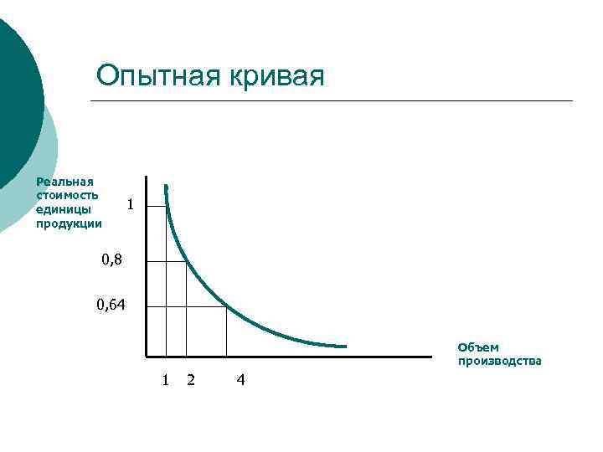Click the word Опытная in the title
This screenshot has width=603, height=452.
coord(156,76)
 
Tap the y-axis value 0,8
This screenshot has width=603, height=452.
coord(111,260)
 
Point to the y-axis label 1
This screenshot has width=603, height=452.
coord(128,203)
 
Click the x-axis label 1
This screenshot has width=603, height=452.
coord(166,380)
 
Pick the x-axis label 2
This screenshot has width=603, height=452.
coord(191,380)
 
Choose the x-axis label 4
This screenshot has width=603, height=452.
coord(241,380)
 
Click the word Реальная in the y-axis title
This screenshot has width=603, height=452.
coord(64,181)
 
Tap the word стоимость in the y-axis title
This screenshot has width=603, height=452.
coord(67,195)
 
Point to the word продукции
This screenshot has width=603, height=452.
coord(69,223)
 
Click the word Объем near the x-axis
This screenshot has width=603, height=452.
coord(477,347)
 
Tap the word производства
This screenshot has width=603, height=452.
coord(499,361)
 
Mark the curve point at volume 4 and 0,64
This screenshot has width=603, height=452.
coord(226,306)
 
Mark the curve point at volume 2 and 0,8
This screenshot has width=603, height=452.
coord(186,261)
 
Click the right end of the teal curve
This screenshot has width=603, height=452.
coord(345,346)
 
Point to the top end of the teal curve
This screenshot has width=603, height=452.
coord(166,186)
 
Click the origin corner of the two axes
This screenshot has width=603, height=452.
coord(147,357)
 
